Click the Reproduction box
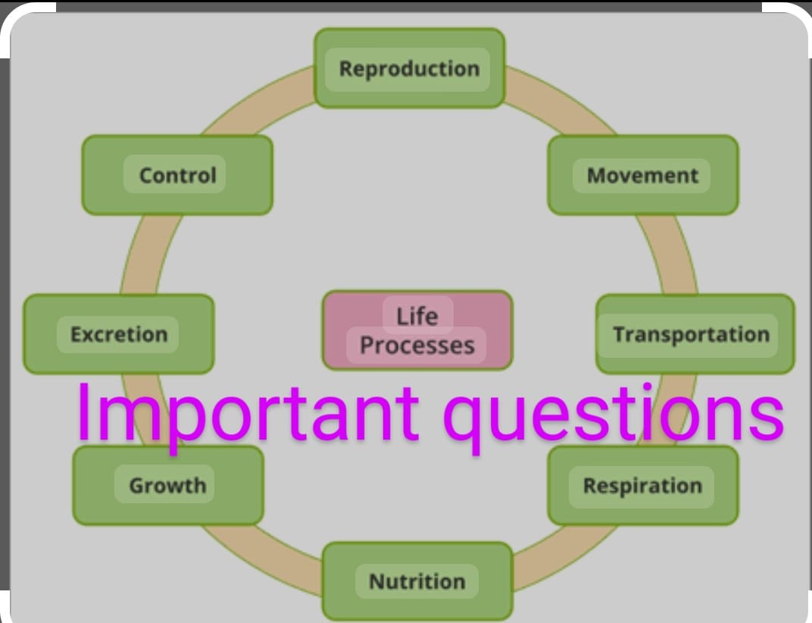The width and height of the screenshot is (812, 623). (x=409, y=68)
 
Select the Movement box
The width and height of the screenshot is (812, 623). (x=642, y=175)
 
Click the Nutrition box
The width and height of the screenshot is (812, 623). (x=417, y=581)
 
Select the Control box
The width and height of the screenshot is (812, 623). (x=177, y=175)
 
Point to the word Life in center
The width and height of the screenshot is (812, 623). (x=417, y=315)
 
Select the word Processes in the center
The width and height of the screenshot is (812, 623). (x=417, y=346)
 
